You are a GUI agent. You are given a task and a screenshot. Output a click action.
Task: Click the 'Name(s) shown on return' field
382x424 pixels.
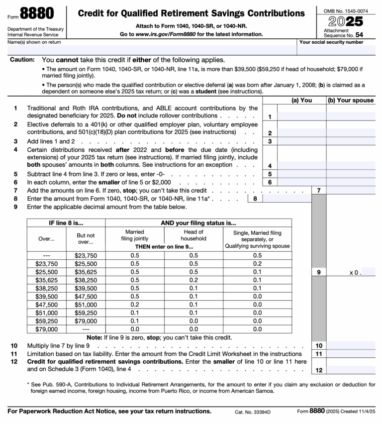(x=149, y=50)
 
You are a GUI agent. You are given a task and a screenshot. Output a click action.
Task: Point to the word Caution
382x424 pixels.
(x=22, y=60)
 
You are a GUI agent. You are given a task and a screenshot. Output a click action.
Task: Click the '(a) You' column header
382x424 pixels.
(x=301, y=100)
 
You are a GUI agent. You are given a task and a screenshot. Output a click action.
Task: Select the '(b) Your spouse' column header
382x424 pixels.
(x=351, y=100)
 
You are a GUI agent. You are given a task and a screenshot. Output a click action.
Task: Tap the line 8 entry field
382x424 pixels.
(x=286, y=199)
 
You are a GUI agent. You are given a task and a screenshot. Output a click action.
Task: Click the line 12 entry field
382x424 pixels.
(x=351, y=370)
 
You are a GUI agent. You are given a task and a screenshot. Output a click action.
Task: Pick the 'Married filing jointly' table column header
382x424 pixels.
(x=134, y=235)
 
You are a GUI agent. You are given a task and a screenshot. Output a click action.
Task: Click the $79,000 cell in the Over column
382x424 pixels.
(x=46, y=328)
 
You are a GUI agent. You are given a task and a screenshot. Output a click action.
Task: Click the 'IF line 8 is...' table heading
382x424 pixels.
(x=66, y=223)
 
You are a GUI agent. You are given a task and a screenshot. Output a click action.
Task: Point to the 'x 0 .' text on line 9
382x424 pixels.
(x=355, y=272)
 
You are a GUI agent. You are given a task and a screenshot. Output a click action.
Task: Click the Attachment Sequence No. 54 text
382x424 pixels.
(x=343, y=33)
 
